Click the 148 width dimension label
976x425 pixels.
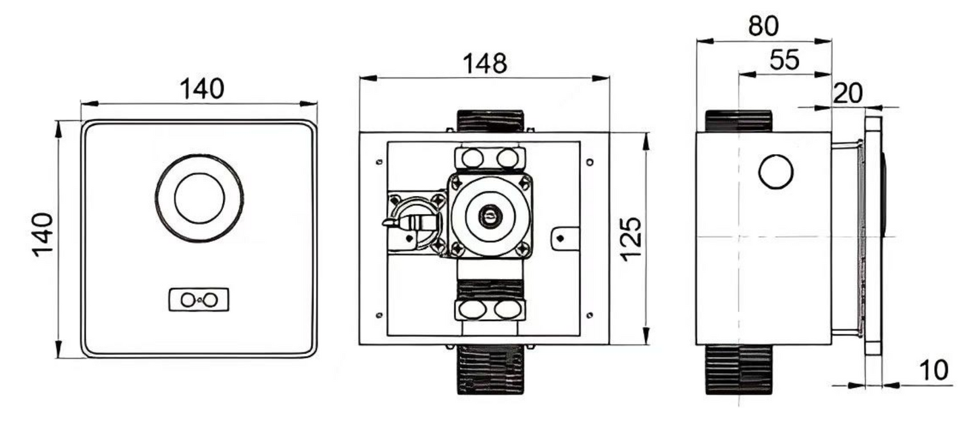484,64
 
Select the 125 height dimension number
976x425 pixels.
631,239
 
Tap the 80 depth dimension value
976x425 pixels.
763,26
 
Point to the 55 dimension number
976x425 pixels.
784,60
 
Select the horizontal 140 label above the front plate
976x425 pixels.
201,89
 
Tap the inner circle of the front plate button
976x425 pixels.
199,197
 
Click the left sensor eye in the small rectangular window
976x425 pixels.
188,300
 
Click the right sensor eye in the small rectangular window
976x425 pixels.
211,300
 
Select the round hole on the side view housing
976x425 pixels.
775,172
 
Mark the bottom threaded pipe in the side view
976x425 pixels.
739,368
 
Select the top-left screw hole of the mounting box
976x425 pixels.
378,161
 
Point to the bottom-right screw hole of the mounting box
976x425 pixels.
590,315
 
